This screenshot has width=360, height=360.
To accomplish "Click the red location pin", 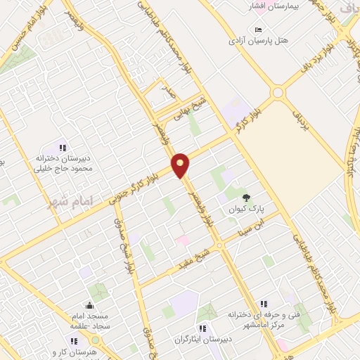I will (x=181, y=165).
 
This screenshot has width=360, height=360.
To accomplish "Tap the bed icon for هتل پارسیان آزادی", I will (x=258, y=30).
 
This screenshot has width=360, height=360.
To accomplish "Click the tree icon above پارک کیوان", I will (x=245, y=198).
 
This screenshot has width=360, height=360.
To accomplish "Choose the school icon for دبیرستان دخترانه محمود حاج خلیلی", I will (x=63, y=148).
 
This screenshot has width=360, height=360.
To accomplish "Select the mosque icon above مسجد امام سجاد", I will (x=89, y=306).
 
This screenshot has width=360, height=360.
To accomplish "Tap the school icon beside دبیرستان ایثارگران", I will (x=202, y=328).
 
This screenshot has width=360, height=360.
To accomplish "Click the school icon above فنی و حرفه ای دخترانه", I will (x=263, y=304).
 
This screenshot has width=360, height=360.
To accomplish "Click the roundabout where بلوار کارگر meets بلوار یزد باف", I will (x=278, y=92).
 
